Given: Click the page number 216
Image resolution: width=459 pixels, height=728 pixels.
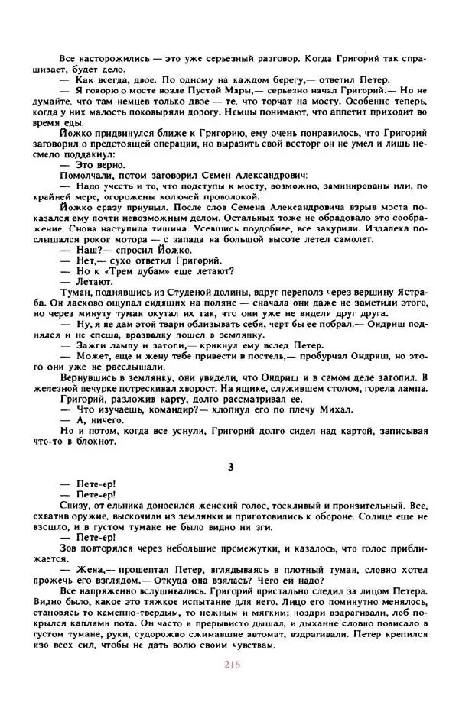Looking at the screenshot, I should tap(233, 664).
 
